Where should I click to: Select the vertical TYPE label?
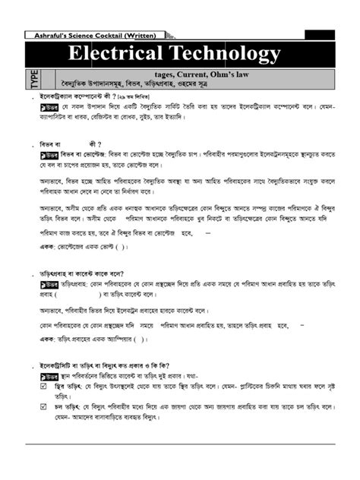coord(33,79)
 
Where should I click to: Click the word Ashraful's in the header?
coord(52,34)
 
